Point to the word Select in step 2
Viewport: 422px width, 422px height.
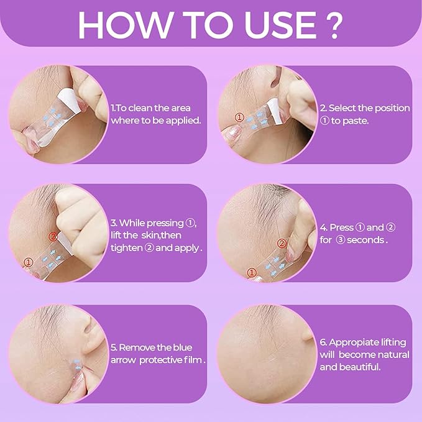[343, 108]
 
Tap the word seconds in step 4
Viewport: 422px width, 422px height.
[369, 239]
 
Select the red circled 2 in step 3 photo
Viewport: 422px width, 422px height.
[53, 236]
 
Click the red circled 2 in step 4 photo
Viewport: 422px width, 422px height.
[283, 243]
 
